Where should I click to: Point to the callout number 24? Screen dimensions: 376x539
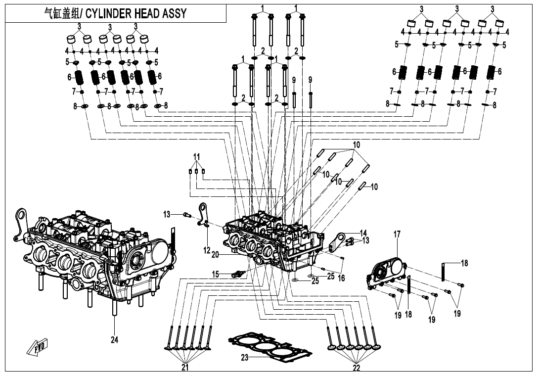(x=115, y=340)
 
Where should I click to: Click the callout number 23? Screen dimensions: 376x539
(x=244, y=358)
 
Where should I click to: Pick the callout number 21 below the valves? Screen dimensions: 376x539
(x=185, y=368)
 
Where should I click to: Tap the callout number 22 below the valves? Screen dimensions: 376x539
(x=356, y=368)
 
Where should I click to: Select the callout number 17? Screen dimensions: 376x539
(x=397, y=235)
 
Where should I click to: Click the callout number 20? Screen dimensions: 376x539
(x=215, y=254)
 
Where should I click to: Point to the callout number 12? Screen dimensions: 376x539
(x=207, y=251)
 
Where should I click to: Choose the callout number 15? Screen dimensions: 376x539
(x=215, y=274)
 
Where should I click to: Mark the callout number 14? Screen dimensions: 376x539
(x=363, y=233)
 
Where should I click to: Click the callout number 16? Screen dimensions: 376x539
(x=341, y=278)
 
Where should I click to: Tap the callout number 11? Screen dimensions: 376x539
(x=197, y=157)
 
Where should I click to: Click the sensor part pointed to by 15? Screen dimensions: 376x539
(x=237, y=273)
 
